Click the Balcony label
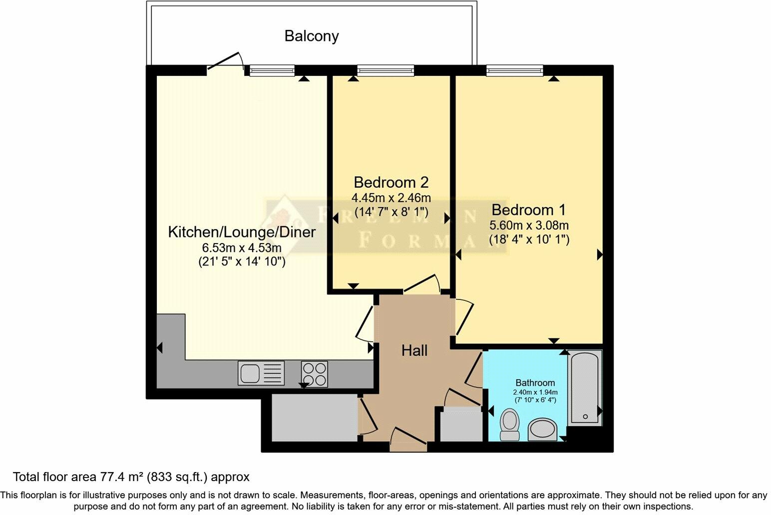click(x=311, y=36)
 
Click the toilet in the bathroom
click(x=510, y=424)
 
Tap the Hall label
click(x=414, y=351)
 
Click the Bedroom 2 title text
click(x=391, y=182)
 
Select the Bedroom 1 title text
click(x=529, y=210)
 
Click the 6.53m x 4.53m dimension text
click(x=242, y=248)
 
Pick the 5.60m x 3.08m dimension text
click(x=529, y=225)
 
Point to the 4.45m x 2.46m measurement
click(x=391, y=198)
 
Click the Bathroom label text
click(x=535, y=383)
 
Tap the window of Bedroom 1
click(x=514, y=71)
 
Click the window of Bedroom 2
click(x=385, y=71)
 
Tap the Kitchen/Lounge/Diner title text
click(x=242, y=232)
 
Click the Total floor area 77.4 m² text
click(x=131, y=477)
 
